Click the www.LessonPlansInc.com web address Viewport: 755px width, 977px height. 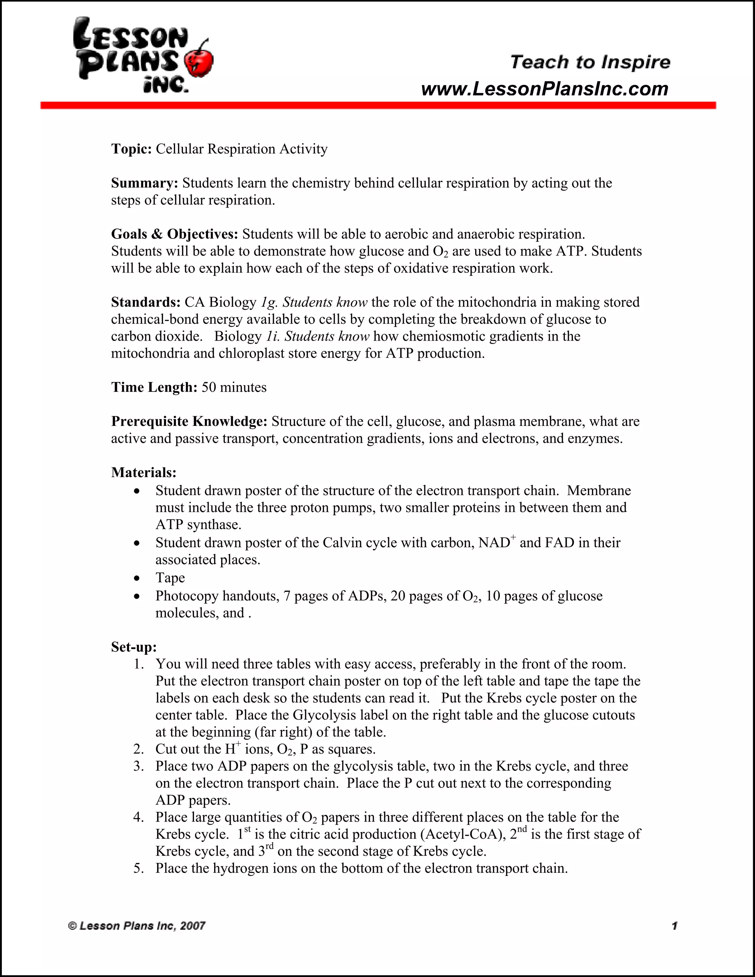pos(544,89)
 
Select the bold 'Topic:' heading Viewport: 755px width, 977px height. pos(132,149)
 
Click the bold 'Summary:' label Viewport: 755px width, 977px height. pos(145,183)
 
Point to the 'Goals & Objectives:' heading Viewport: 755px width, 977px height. pos(174,234)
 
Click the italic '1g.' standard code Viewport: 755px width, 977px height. pos(269,302)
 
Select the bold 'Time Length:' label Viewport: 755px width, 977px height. pos(154,387)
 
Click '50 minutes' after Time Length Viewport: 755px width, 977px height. pos(234,387)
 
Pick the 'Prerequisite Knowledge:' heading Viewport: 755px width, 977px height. pos(189,421)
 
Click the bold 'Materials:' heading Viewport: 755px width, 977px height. pos(143,472)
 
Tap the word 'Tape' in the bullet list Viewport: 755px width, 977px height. pos(170,578)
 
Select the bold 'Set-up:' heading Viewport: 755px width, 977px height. pos(134,647)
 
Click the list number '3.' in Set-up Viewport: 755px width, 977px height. pos(139,766)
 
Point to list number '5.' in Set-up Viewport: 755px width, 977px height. pos(139,868)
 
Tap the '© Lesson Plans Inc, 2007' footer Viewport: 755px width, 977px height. pos(136,925)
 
